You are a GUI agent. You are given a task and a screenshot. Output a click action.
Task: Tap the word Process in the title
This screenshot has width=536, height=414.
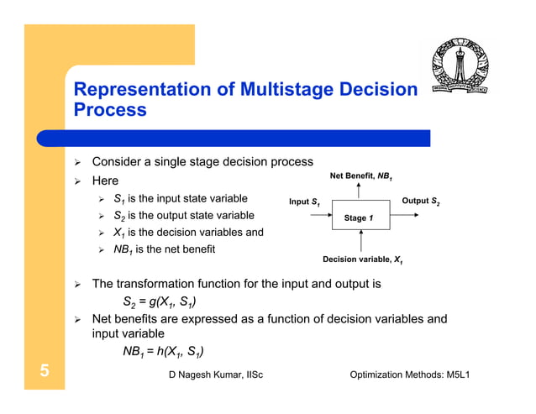110,110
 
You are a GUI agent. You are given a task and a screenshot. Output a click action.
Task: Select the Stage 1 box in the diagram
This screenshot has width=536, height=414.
358,217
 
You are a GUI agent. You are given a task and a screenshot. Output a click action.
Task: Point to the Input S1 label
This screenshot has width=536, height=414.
304,202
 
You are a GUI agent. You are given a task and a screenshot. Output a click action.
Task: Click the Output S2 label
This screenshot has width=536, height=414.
421,202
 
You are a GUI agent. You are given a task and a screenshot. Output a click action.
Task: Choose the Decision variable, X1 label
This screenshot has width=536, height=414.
363,259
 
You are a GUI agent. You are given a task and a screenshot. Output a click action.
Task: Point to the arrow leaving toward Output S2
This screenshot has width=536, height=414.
407,217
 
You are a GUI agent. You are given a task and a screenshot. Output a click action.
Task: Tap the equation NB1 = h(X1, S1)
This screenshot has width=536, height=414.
165,351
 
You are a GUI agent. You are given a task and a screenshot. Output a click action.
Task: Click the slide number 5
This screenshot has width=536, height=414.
42,372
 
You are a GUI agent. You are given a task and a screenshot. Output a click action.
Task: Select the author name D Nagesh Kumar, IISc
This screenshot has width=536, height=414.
216,374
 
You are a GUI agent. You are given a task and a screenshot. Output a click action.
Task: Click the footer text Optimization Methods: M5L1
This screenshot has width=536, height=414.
409,374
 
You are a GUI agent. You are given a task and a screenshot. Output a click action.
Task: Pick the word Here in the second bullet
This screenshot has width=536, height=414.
105,181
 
